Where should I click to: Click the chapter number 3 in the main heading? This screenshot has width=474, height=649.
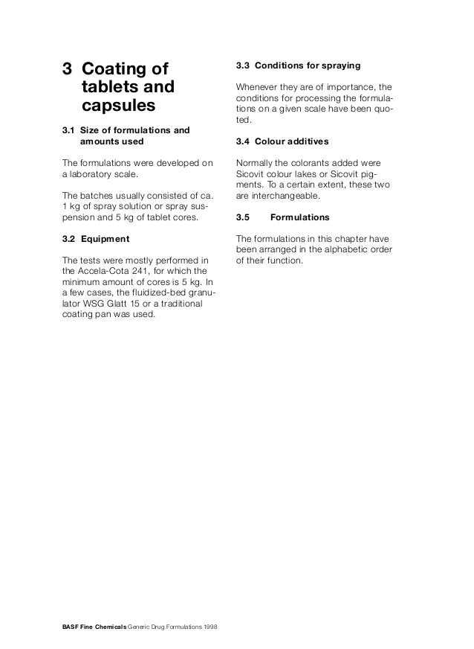[x=67, y=69]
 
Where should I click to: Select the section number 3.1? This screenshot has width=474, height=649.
[x=68, y=131]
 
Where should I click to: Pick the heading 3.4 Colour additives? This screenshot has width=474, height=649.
[x=282, y=141]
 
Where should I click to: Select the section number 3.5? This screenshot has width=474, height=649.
[x=242, y=218]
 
